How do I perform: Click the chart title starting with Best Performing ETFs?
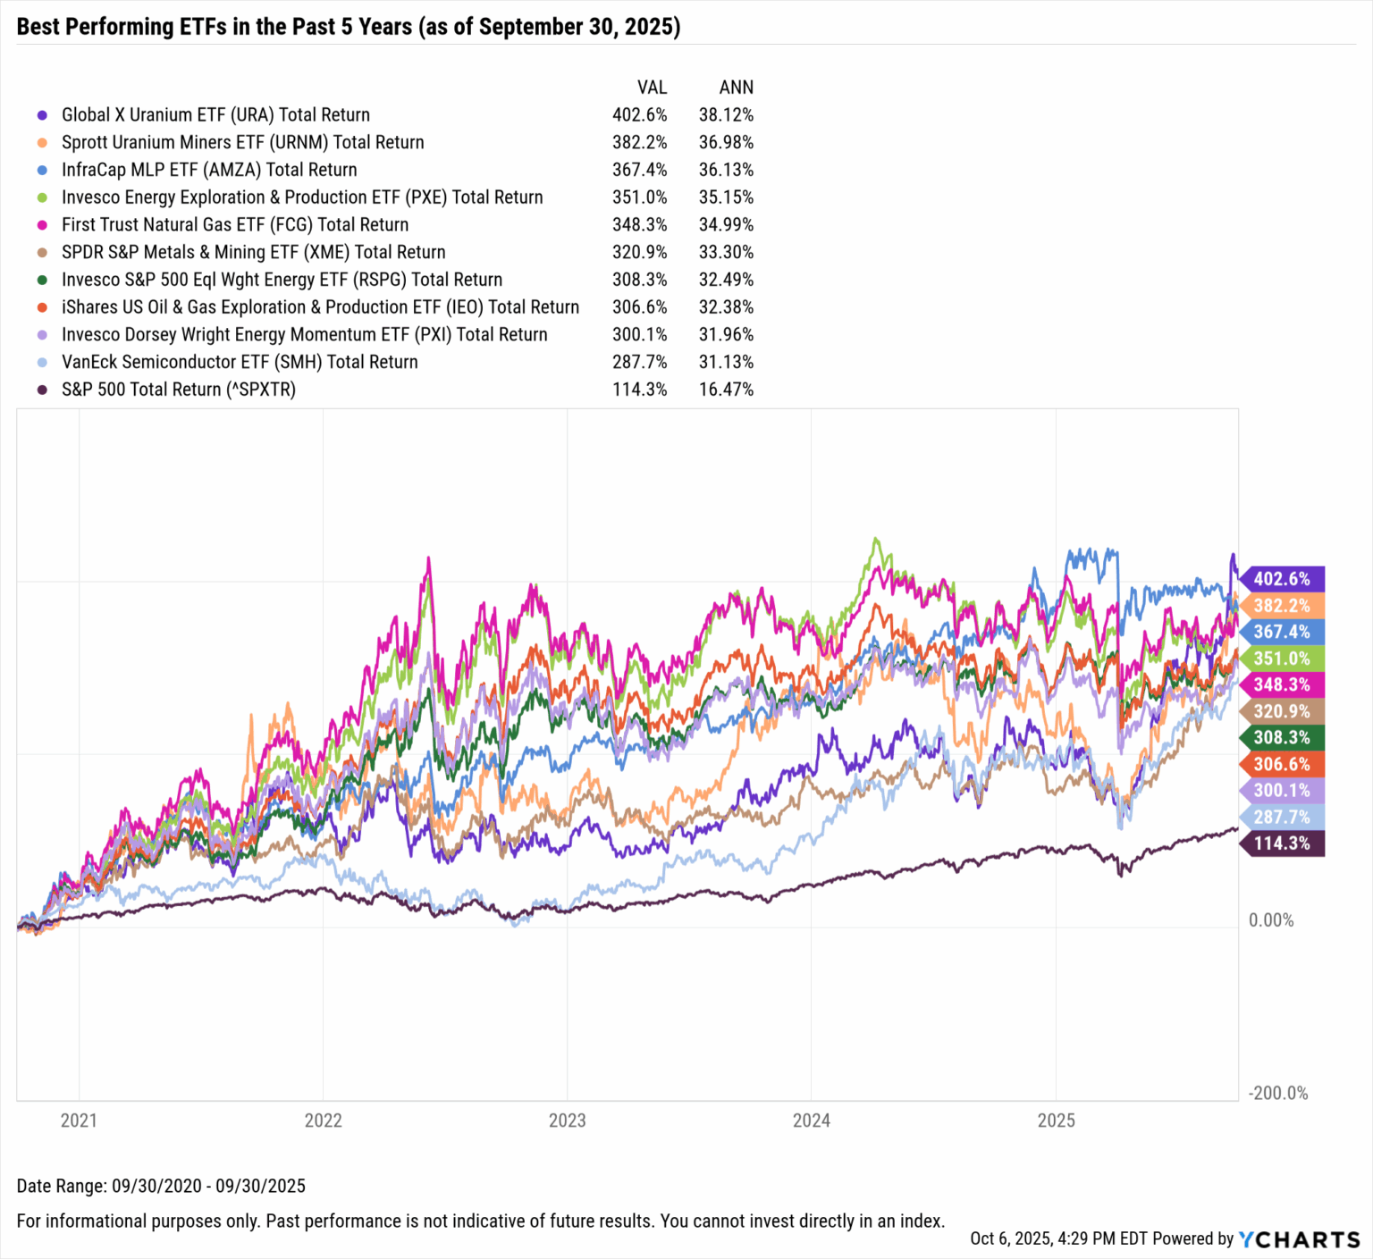click(x=349, y=27)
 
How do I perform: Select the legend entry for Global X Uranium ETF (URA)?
click(x=215, y=114)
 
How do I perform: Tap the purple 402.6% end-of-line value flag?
click(x=1281, y=579)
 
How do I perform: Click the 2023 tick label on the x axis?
click(x=567, y=1121)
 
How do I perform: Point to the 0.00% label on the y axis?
click(x=1270, y=920)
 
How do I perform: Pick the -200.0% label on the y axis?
click(x=1277, y=1094)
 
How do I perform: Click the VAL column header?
click(x=652, y=87)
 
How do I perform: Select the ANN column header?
click(x=736, y=87)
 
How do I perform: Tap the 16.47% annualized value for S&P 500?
click(x=726, y=390)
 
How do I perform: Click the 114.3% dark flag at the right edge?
click(x=1281, y=844)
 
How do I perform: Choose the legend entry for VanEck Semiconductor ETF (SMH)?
click(x=240, y=362)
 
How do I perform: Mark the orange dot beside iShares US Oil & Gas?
click(x=41, y=307)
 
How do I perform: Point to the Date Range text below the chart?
click(x=161, y=1186)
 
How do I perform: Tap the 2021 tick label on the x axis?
click(x=79, y=1121)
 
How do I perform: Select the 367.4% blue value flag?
click(x=1281, y=632)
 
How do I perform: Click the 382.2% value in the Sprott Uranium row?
click(x=639, y=142)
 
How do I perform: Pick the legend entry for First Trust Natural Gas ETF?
click(x=235, y=224)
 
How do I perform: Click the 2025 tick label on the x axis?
click(x=1056, y=1121)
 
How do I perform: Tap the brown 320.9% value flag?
click(x=1281, y=711)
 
